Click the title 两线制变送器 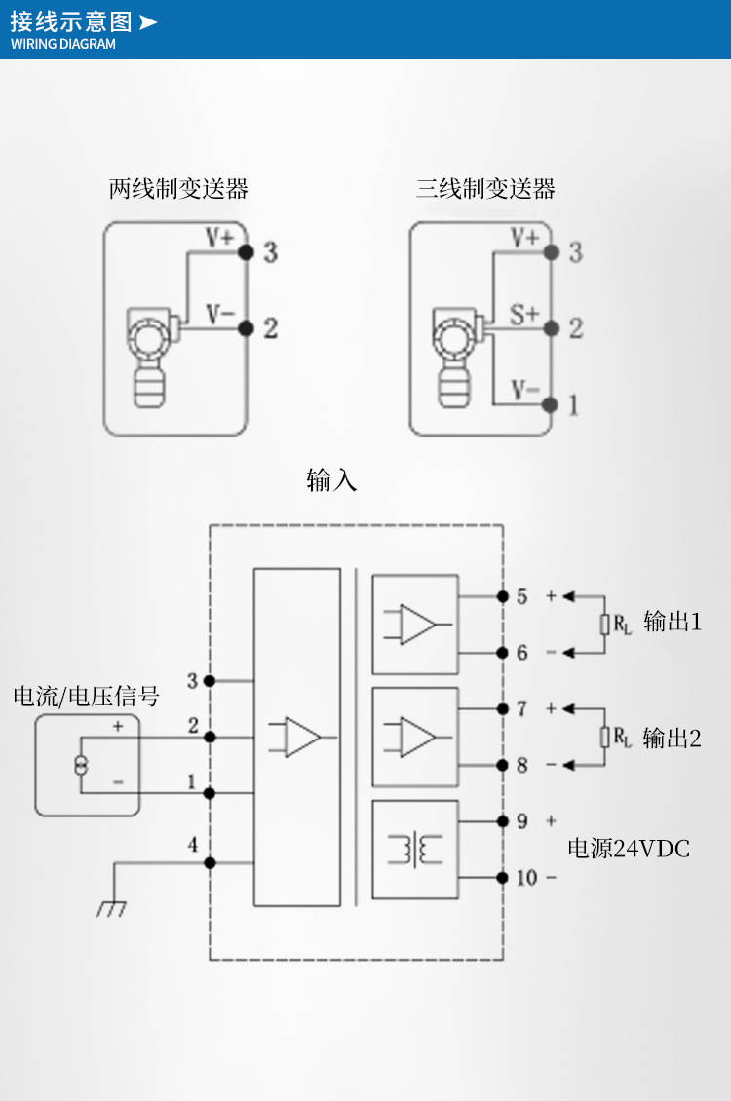(178, 189)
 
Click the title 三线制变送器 (485, 189)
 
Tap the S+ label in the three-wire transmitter (524, 315)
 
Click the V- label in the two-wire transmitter (219, 315)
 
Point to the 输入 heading (331, 480)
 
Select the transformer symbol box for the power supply (415, 849)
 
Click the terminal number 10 (526, 878)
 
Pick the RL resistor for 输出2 (605, 738)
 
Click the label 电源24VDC (629, 850)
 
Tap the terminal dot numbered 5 (502, 595)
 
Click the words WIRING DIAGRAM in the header (63, 44)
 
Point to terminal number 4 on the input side (192, 845)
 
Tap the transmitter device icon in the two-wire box (151, 356)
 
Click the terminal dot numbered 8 (502, 765)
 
